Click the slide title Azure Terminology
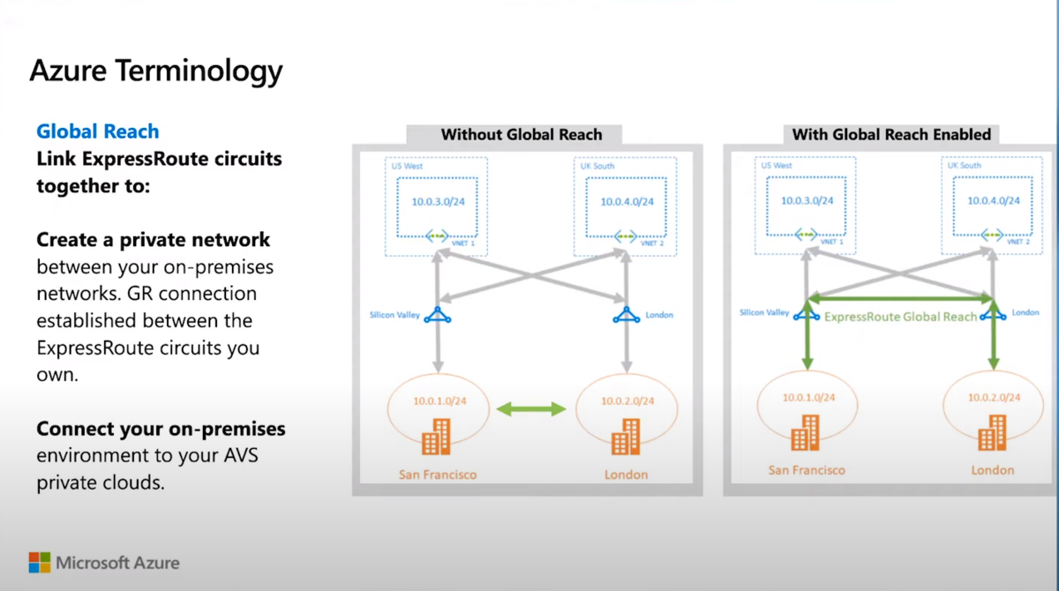pyautogui.click(x=156, y=71)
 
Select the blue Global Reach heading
pyautogui.click(x=98, y=131)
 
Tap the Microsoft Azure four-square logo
pyautogui.click(x=39, y=563)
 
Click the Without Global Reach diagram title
pyautogui.click(x=521, y=135)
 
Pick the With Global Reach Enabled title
pyautogui.click(x=891, y=135)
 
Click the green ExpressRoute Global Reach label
pyautogui.click(x=900, y=316)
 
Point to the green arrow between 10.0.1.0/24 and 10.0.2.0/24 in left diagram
pyautogui.click(x=530, y=408)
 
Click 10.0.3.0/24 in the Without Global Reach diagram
pyautogui.click(x=436, y=201)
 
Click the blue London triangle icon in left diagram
pyautogui.click(x=626, y=315)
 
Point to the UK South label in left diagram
pyautogui.click(x=597, y=166)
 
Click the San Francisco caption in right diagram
pyautogui.click(x=806, y=470)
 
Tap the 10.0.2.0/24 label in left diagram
pyautogui.click(x=627, y=400)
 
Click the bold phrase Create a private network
pyautogui.click(x=154, y=240)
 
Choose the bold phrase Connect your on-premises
pyautogui.click(x=161, y=429)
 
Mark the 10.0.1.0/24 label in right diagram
pyautogui.click(x=807, y=397)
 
